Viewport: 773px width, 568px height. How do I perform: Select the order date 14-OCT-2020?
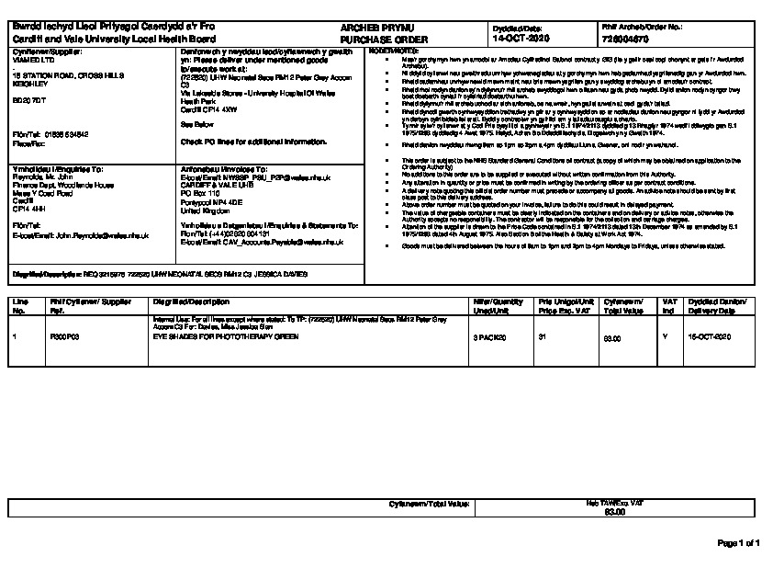[521, 40]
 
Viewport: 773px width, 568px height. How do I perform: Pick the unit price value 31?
[543, 338]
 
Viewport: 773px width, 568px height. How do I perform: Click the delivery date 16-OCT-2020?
[709, 338]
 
